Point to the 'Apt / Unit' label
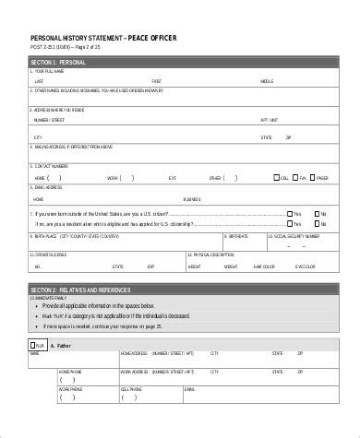[x=269, y=119]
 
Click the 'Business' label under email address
[x=192, y=199]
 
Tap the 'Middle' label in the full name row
[x=267, y=81]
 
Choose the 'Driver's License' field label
[x=45, y=252]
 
